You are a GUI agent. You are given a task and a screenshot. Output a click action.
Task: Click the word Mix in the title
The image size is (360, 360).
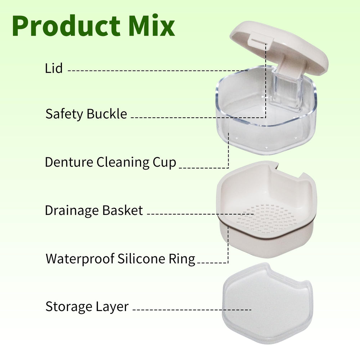tap(152, 26)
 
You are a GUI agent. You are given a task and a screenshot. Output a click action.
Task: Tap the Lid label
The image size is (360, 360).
tap(54, 68)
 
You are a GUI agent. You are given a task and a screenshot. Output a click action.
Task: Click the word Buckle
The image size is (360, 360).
tap(107, 114)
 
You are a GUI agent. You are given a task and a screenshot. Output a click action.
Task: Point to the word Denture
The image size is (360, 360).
tap(69, 162)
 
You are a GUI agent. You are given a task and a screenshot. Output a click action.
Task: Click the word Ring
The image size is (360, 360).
tap(183, 258)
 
